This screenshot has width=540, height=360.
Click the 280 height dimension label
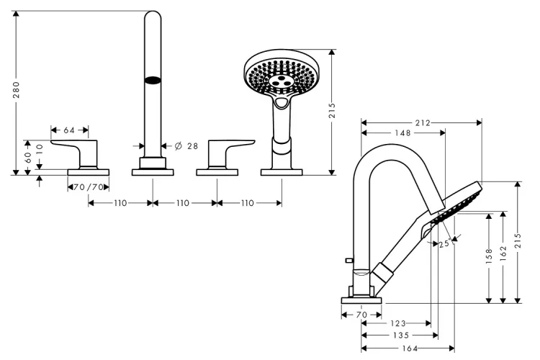click(x=17, y=91)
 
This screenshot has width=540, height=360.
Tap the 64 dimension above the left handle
click(x=69, y=130)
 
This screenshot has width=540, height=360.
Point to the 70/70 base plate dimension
click(x=89, y=187)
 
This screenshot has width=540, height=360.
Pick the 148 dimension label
click(x=402, y=133)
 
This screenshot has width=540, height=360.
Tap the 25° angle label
click(x=444, y=243)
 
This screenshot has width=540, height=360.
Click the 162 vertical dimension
click(x=504, y=253)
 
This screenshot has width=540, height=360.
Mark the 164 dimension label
click(x=410, y=349)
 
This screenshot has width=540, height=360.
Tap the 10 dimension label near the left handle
click(x=41, y=148)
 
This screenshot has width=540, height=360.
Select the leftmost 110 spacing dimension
click(x=120, y=203)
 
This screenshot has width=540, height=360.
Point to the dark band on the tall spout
click(x=152, y=81)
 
